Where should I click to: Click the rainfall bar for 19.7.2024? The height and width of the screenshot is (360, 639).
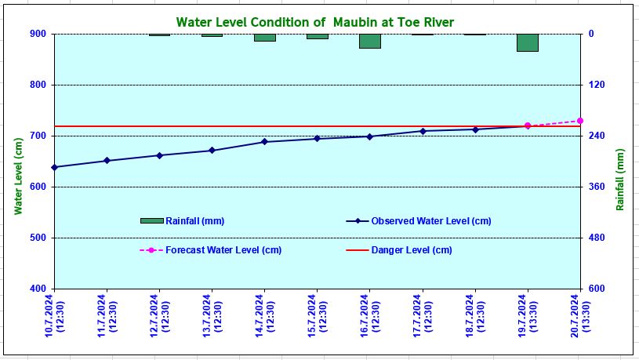527,42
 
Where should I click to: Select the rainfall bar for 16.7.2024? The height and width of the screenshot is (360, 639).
369,41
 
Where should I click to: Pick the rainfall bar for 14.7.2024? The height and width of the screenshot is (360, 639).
264,38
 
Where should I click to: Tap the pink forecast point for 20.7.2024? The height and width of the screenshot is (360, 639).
579,121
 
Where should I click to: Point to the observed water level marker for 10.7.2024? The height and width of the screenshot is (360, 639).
54,167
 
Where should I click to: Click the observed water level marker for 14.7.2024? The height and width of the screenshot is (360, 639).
264,142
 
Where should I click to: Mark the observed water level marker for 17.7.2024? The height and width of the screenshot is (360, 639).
423,131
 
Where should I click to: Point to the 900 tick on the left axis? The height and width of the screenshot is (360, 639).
37,34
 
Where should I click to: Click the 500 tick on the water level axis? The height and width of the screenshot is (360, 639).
37,238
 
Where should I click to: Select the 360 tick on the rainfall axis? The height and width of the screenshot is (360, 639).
596,187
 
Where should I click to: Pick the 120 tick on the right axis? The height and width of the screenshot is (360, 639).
596,85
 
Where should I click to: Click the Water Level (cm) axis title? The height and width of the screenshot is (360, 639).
18,176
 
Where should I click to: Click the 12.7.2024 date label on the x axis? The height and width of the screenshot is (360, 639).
159,317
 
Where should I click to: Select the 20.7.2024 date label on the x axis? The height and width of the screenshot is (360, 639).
579,317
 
